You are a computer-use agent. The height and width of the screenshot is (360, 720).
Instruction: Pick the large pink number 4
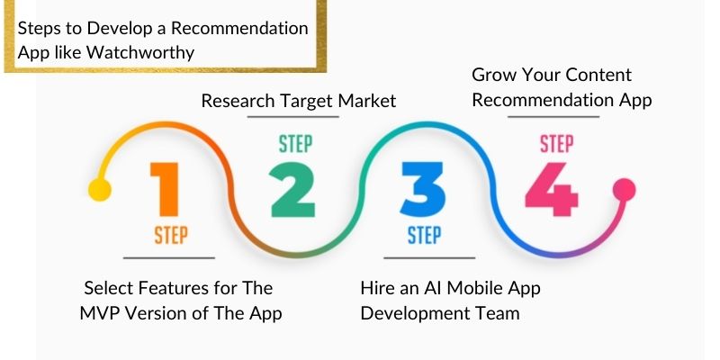click(552, 189)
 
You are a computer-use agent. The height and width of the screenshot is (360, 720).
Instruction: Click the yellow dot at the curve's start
click(99, 190)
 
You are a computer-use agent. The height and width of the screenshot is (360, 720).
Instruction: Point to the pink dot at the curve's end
click(624, 189)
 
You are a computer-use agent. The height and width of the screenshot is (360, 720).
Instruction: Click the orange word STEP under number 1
click(169, 236)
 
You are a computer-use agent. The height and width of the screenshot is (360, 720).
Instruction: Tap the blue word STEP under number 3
click(424, 236)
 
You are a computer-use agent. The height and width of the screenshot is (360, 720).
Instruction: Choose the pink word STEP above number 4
click(556, 144)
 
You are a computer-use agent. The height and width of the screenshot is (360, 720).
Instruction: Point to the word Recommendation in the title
click(236, 28)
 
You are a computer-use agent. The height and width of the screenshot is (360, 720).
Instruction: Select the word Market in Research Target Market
click(367, 101)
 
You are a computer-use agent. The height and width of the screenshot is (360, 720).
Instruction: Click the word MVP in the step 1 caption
click(99, 313)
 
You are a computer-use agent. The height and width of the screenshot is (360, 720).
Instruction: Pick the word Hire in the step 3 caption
click(377, 288)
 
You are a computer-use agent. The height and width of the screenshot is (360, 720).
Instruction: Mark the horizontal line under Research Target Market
click(297, 118)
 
